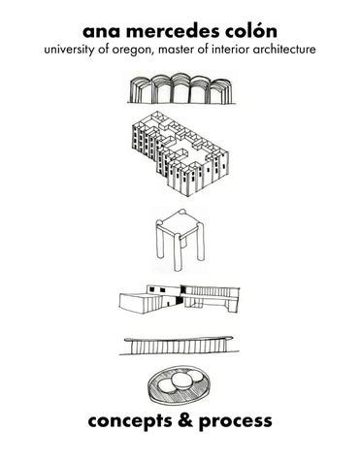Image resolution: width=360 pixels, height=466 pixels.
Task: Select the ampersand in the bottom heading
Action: coord(185,419)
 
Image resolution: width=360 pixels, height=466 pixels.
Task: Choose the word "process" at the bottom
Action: coord(236,422)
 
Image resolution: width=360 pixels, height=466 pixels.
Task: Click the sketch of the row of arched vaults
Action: coord(181,88)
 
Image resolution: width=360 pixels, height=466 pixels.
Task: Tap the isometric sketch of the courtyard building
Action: coord(180,153)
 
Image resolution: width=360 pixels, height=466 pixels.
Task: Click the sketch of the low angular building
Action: coord(180,299)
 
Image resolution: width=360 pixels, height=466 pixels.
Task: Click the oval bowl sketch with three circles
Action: coord(180,384)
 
